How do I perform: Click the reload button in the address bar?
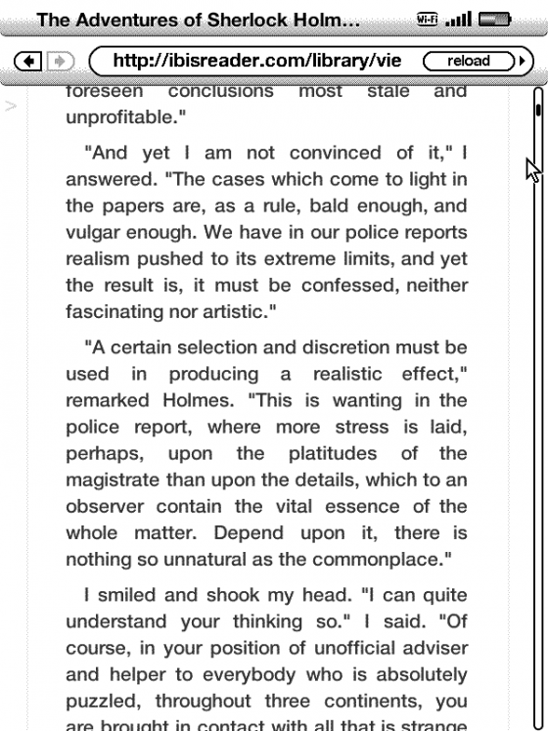(x=468, y=61)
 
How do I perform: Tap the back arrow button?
(x=31, y=61)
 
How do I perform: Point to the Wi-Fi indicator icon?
(x=453, y=18)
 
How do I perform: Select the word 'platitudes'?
(x=326, y=452)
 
